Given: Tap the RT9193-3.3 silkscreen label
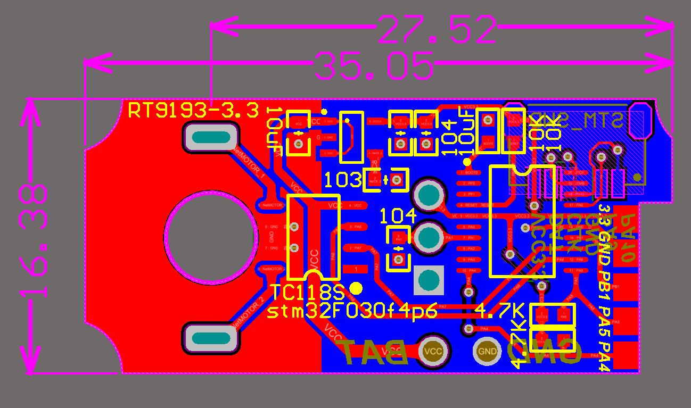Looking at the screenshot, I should point(194,111).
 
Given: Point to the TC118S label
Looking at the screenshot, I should point(308,293).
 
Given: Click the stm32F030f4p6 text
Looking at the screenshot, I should point(352,311).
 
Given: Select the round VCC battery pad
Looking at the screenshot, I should point(434,351).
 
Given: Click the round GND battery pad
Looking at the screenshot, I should point(487,351).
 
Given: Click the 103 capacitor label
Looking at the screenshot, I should point(343,180).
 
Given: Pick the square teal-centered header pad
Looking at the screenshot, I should point(429,279).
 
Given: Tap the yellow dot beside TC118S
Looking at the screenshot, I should point(356,288).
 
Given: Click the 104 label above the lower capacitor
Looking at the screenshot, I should point(398,215).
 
